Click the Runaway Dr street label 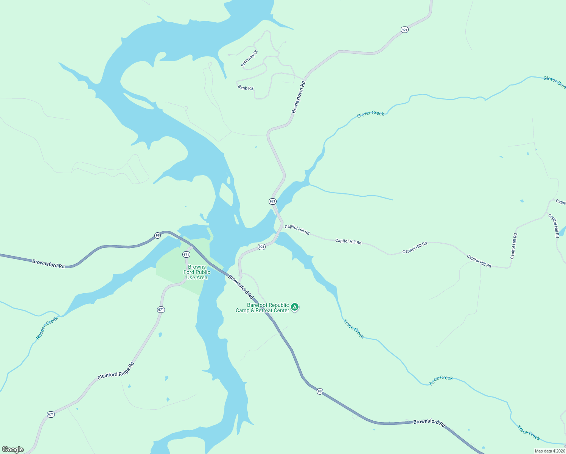[x=249, y=59]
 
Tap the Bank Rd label [x=246, y=88]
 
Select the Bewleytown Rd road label [x=299, y=97]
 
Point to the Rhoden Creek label [x=47, y=328]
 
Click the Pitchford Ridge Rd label [x=116, y=371]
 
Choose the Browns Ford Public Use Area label [x=197, y=272]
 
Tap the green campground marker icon [x=295, y=307]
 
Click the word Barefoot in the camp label [x=258, y=305]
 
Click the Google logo [x=13, y=449]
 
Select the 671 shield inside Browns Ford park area [x=186, y=255]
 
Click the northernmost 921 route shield [x=404, y=30]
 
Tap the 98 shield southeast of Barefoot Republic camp [x=320, y=391]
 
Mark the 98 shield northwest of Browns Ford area [x=157, y=235]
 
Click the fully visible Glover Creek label [x=370, y=114]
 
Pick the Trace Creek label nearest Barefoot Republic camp [x=353, y=329]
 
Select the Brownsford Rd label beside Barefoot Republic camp [x=241, y=287]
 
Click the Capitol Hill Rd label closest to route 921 [x=297, y=229]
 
